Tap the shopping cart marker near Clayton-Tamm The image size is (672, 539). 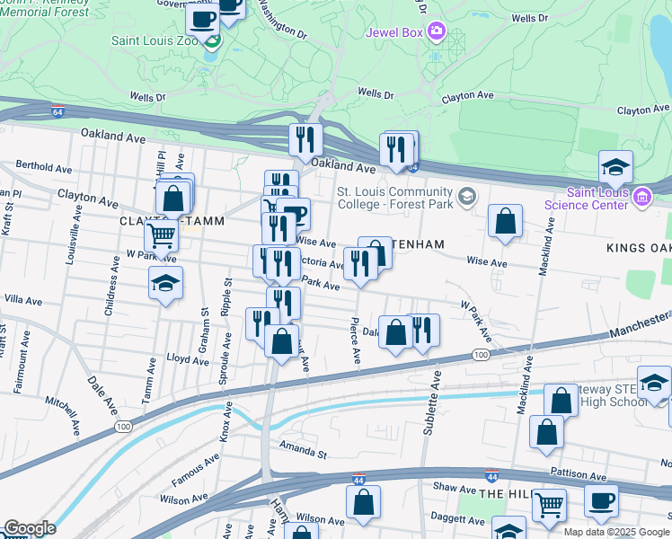[x=162, y=235]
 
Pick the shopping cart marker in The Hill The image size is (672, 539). [x=549, y=505]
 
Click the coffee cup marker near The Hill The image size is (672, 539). [x=601, y=500]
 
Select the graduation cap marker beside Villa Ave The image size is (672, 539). [x=165, y=283]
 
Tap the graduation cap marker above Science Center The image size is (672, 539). [x=616, y=167]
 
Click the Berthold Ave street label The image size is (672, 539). [x=43, y=168]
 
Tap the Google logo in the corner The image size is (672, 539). [x=29, y=528]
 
